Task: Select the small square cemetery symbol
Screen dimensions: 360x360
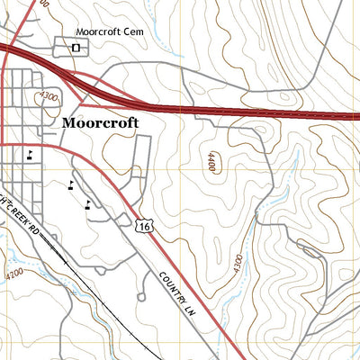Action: pyautogui.click(x=76, y=46)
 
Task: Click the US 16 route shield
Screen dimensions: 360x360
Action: pyautogui.click(x=144, y=226)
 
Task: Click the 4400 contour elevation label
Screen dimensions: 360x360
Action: pyautogui.click(x=211, y=163)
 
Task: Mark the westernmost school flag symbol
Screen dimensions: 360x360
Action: pyautogui.click(x=31, y=153)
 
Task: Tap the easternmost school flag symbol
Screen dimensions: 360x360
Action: pyautogui.click(x=87, y=203)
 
